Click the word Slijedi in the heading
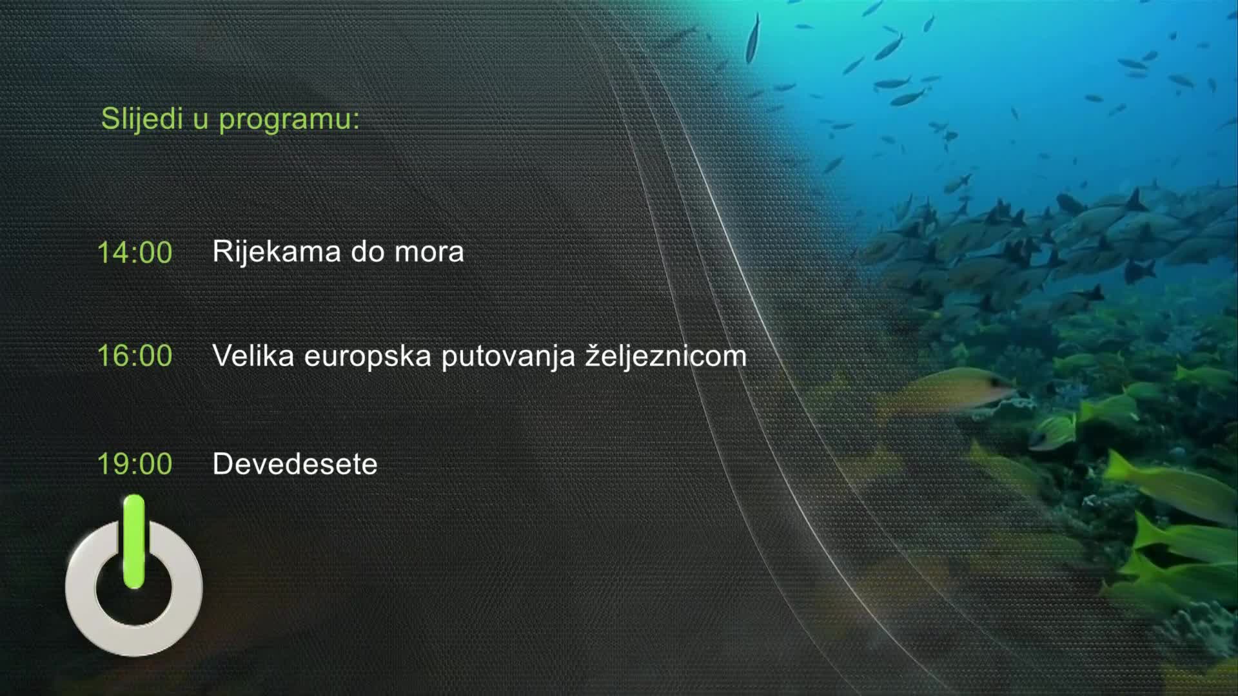[142, 119]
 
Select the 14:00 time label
[135, 252]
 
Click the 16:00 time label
[135, 356]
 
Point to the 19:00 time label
[135, 464]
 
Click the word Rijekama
[277, 251]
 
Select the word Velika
[253, 356]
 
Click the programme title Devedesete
[295, 464]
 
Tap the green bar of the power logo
[134, 541]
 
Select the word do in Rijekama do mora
[367, 251]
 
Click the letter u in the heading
[201, 121]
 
